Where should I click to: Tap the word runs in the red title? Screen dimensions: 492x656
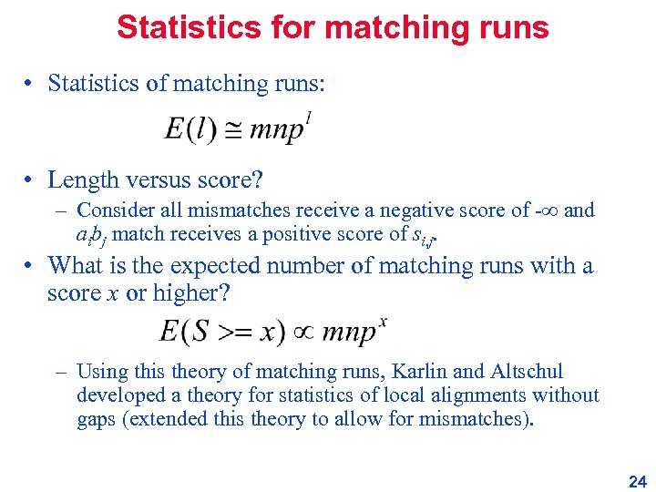(511, 27)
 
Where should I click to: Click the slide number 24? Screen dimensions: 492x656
(637, 482)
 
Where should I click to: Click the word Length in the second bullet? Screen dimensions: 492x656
(83, 179)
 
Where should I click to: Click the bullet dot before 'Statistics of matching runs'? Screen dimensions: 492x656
(30, 84)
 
